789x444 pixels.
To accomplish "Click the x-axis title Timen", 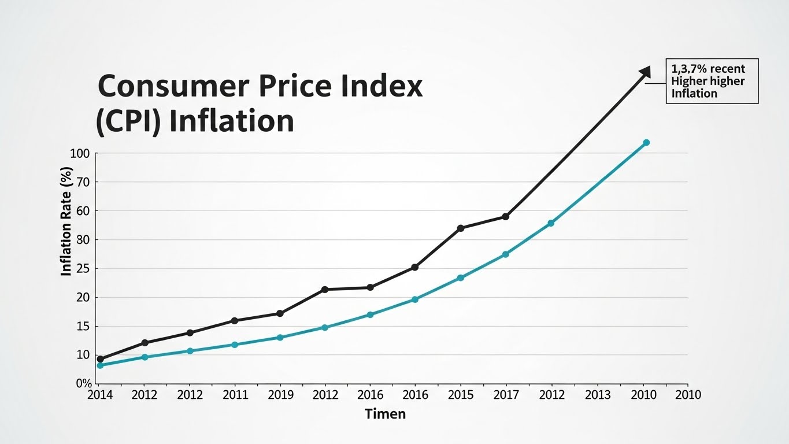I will [385, 414].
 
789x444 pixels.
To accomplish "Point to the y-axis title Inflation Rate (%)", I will [66, 221].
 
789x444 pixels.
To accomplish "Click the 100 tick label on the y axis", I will [80, 154].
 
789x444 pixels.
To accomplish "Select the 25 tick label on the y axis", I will [83, 269].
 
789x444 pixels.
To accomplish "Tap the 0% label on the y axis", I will [84, 384].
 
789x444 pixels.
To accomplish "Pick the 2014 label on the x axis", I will [100, 395].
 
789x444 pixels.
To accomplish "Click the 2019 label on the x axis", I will [280, 395].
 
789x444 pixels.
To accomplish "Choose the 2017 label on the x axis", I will [505, 395].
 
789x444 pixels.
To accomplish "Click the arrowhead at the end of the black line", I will [645, 71].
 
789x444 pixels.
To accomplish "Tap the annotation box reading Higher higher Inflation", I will [712, 81].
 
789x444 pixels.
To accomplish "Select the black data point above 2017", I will [505, 217].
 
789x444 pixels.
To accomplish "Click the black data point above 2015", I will [460, 228].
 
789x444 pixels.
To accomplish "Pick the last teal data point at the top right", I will [646, 142].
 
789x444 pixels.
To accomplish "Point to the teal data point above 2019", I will [280, 337].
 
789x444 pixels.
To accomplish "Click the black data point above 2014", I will [100, 359].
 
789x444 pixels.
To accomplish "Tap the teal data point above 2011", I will [234, 345].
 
